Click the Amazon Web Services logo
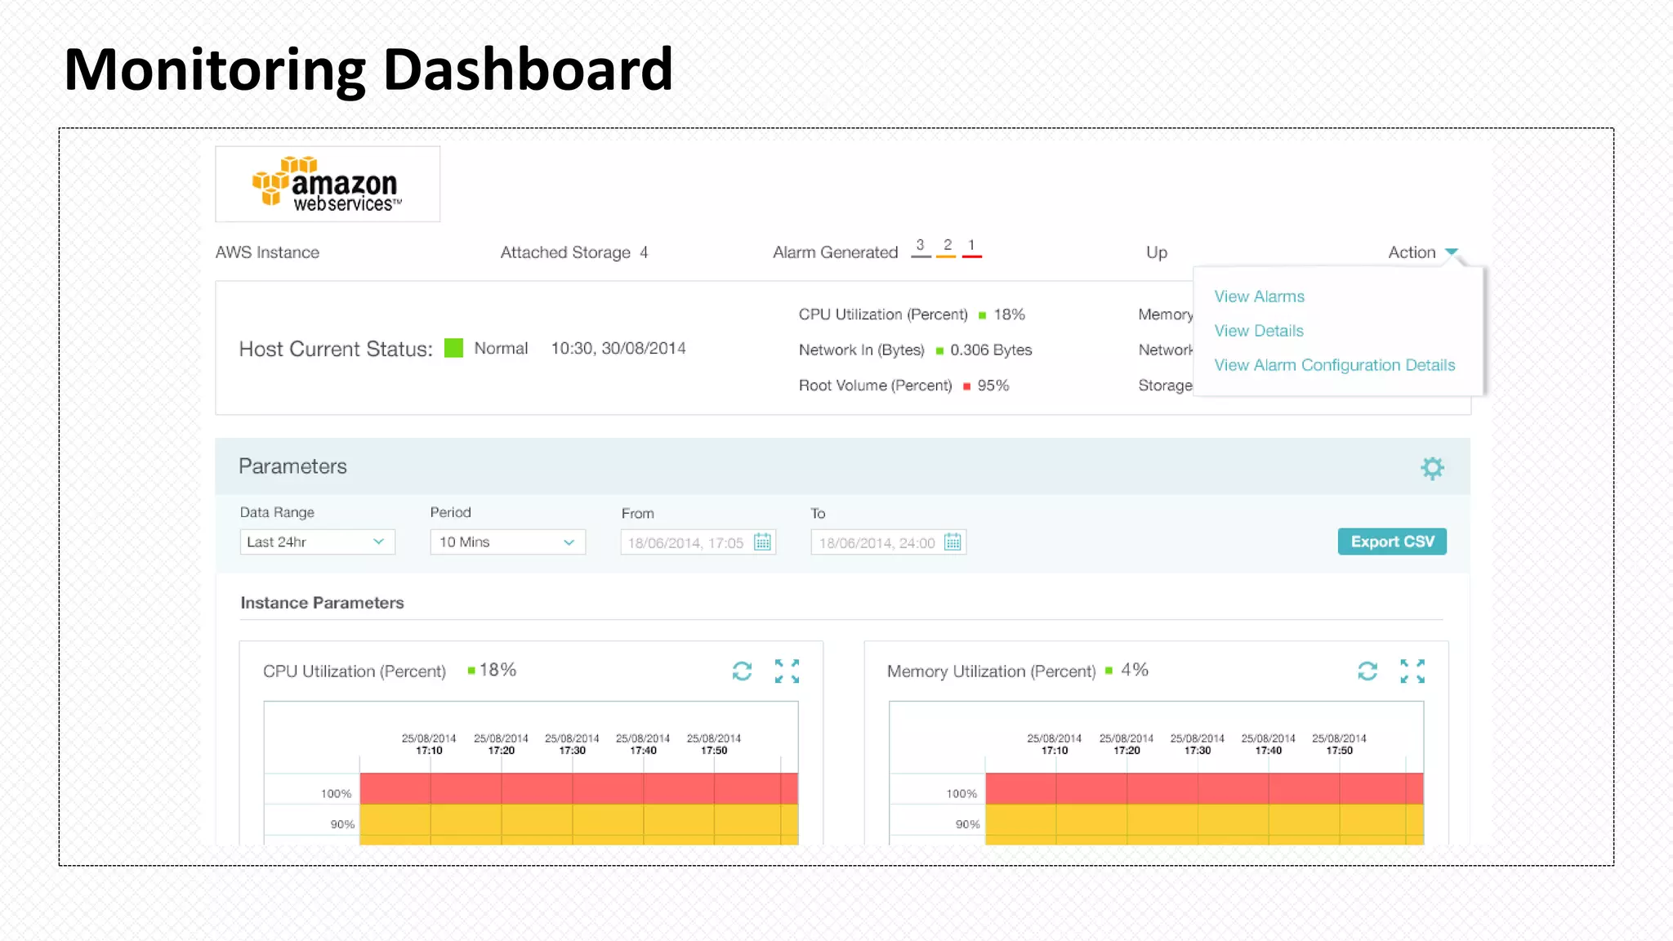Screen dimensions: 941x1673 tap(328, 185)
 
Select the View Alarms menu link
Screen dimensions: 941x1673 tap(1259, 297)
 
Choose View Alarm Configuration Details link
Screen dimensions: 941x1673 tap(1334, 365)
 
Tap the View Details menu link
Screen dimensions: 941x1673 tap(1258, 331)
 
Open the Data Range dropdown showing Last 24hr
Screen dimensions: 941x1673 tap(317, 542)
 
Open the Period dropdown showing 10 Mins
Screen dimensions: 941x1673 tap(507, 542)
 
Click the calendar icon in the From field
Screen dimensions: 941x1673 tap(762, 542)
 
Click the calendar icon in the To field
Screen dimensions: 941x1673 tap(952, 542)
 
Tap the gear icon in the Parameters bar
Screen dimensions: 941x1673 tap(1432, 468)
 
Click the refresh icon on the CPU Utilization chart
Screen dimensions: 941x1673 tap(742, 671)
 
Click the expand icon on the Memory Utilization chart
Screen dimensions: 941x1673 tap(1412, 671)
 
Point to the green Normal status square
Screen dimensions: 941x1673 tap(453, 348)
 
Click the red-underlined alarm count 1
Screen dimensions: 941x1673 tap(971, 246)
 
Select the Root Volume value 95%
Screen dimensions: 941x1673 tap(993, 386)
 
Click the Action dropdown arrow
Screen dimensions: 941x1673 tap(1451, 252)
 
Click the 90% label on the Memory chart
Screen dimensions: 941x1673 tap(967, 824)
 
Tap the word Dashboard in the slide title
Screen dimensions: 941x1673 tap(527, 70)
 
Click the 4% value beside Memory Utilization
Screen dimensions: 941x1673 tap(1134, 670)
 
